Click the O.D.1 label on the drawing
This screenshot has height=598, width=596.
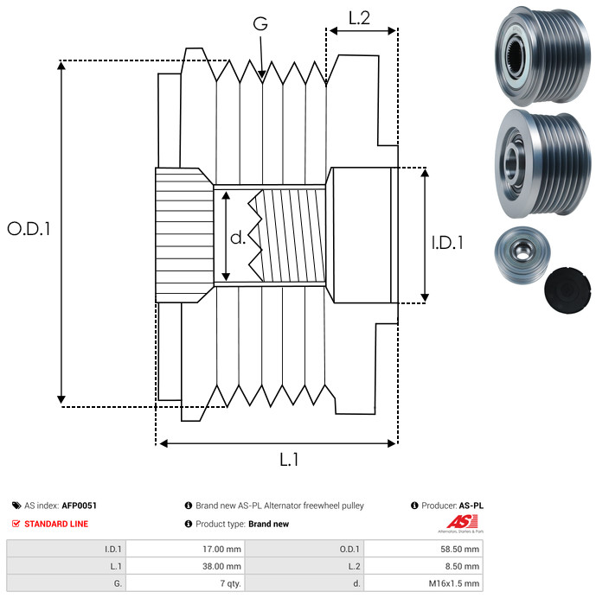pyautogui.click(x=29, y=229)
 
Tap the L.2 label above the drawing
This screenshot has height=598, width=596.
pyautogui.click(x=359, y=17)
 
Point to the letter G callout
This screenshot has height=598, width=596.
pyautogui.click(x=260, y=23)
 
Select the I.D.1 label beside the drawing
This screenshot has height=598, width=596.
pyautogui.click(x=447, y=243)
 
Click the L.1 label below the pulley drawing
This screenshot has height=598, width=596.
pyautogui.click(x=289, y=460)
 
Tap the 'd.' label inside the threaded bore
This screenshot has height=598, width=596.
pyautogui.click(x=238, y=238)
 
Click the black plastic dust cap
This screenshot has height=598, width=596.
pyautogui.click(x=567, y=290)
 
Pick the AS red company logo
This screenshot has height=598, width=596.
pyautogui.click(x=462, y=523)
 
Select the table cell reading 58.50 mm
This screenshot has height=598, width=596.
pyautogui.click(x=459, y=550)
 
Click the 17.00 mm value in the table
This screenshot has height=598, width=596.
pyautogui.click(x=221, y=550)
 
